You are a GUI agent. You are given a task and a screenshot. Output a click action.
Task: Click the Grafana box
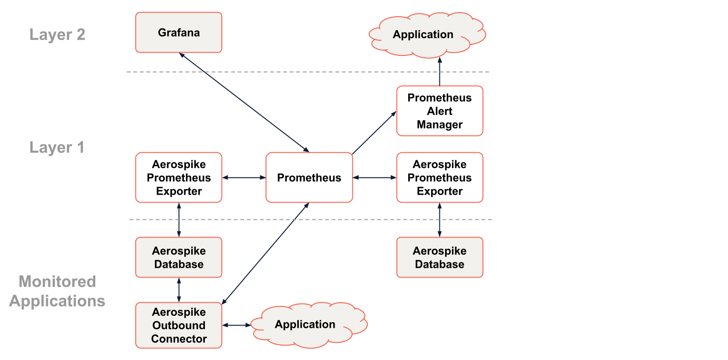179,33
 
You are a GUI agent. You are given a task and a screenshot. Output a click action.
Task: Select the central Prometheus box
309,177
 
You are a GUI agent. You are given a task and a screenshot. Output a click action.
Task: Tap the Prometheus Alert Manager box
439,111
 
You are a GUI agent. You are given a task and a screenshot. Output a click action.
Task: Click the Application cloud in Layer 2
423,35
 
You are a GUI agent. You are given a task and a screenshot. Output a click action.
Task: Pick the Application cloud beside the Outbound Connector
305,325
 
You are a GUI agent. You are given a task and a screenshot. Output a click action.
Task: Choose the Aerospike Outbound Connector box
179,325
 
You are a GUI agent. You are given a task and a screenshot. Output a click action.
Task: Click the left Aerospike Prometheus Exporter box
179,177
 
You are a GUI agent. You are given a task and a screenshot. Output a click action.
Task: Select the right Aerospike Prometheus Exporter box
439,177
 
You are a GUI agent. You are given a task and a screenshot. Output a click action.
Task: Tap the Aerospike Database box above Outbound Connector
179,258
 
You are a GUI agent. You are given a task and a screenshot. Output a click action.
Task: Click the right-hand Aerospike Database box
439,258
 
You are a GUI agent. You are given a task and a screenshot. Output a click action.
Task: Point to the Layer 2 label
57,35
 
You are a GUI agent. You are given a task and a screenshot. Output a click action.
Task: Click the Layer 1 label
57,148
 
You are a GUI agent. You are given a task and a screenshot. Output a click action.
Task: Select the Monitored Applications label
57,291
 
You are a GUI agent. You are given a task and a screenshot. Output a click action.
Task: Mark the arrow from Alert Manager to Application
439,72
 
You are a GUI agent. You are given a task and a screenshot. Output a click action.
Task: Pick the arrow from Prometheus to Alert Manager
374,133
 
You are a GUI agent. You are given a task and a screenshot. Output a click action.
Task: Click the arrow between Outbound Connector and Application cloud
236,325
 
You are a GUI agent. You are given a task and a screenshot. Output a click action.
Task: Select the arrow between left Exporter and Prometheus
243,177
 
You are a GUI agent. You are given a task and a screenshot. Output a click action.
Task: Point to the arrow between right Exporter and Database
439,220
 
